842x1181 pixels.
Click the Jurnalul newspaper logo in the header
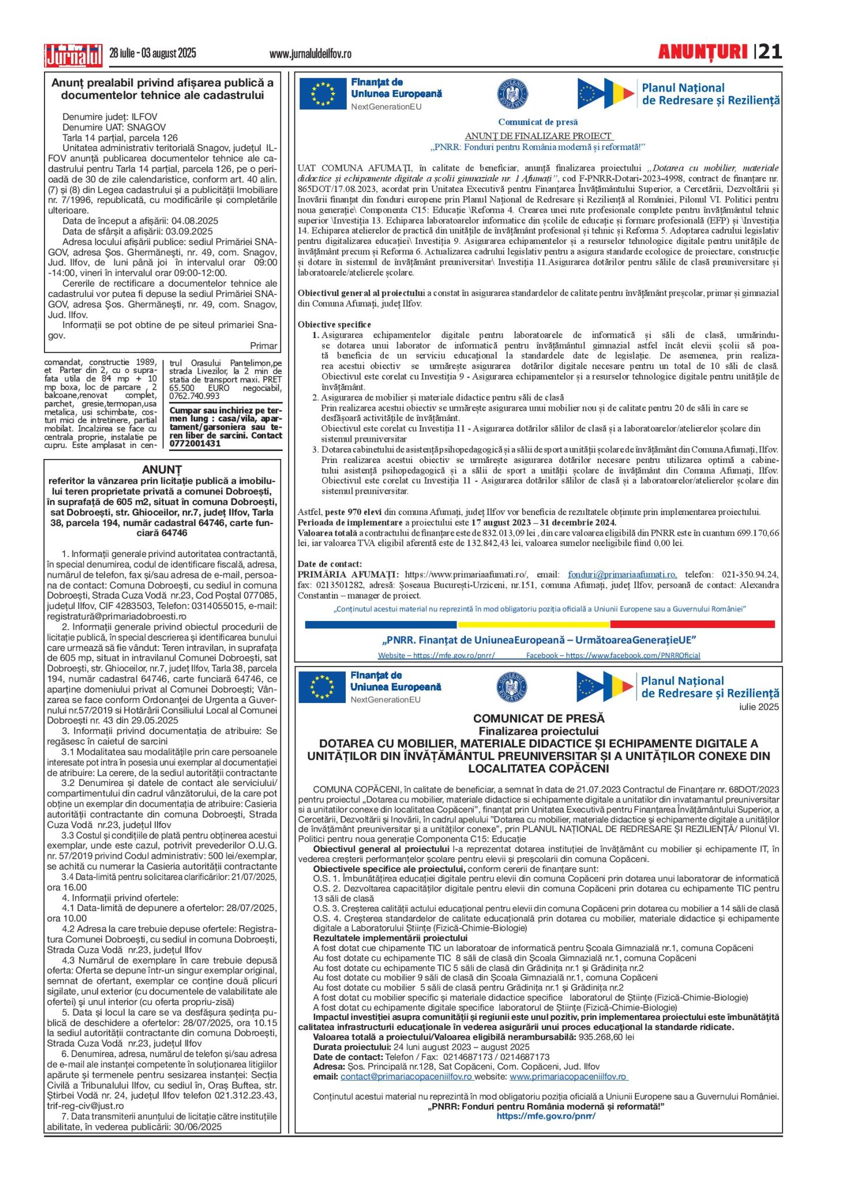click(x=73, y=55)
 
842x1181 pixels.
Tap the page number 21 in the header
click(x=770, y=52)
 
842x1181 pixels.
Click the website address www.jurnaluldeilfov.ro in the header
click(x=310, y=54)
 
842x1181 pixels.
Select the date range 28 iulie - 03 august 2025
click(x=153, y=54)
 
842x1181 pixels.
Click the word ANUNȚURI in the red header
click(x=702, y=52)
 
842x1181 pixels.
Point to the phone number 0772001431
click(x=195, y=443)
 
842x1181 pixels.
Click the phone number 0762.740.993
click(x=194, y=396)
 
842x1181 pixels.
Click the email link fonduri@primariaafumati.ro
click(x=622, y=574)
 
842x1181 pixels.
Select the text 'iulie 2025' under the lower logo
click(x=759, y=707)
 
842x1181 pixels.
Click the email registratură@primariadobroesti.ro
click(x=117, y=616)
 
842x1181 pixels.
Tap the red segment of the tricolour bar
click(x=692, y=624)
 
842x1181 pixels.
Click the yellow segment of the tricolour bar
click(x=533, y=624)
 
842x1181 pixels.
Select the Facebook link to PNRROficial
click(x=613, y=655)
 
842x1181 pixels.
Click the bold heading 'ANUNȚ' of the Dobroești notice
click(x=162, y=469)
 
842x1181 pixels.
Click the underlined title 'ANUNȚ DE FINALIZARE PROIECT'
click(x=538, y=136)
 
